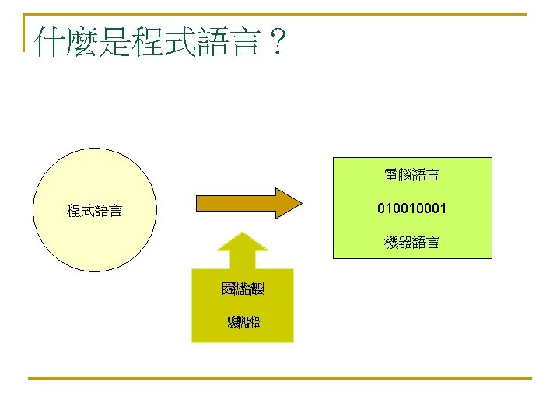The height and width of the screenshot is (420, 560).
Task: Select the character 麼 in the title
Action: [83, 42]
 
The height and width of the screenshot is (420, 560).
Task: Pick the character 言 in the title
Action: [243, 42]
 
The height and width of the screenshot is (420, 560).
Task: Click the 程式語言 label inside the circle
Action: [93, 211]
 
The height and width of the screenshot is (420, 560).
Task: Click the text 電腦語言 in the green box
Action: [411, 176]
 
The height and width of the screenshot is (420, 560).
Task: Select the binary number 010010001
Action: [411, 209]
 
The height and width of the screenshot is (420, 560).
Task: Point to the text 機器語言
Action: [411, 243]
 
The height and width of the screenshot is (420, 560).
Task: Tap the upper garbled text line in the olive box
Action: [243, 289]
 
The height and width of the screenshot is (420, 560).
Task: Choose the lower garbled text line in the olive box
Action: [243, 320]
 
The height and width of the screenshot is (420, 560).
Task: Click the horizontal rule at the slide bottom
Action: [280, 379]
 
